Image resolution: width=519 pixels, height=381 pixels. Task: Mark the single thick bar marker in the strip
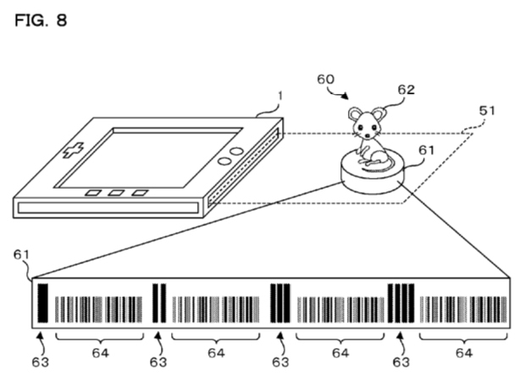(43, 304)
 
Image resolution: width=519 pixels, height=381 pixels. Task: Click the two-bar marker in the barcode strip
(158, 304)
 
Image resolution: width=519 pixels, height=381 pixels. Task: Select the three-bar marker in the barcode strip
(280, 304)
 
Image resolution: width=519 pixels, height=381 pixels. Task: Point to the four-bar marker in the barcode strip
(400, 304)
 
